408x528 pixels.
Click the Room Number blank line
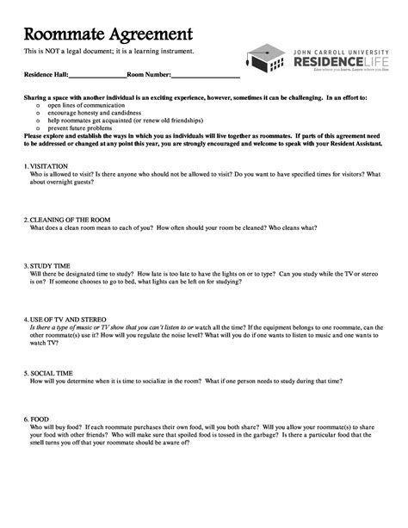pos(206,78)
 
